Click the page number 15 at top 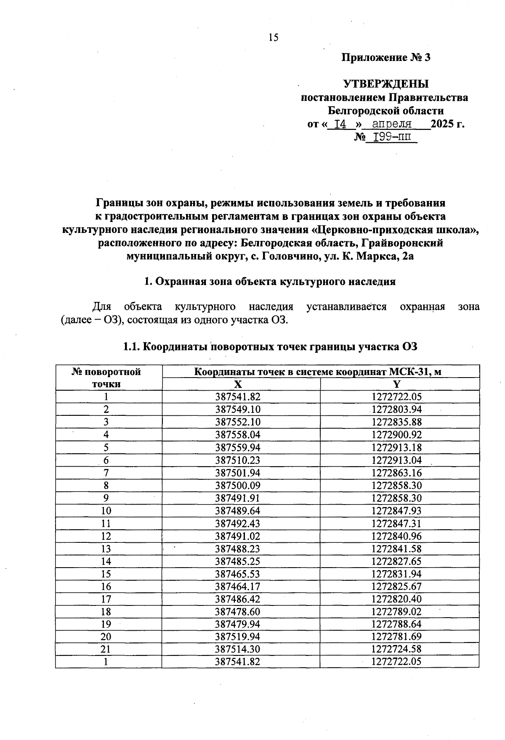273,38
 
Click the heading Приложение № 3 385,58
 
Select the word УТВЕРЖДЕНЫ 386,84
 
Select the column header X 238,384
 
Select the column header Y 396,384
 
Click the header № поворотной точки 106,378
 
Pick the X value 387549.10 238,410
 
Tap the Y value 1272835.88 396,422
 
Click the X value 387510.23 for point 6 238,460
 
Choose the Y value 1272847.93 396,511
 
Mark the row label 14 106,561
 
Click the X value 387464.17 238,587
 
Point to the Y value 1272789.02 396,612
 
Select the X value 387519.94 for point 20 238,637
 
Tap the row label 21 106,650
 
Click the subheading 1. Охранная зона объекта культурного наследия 270,282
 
